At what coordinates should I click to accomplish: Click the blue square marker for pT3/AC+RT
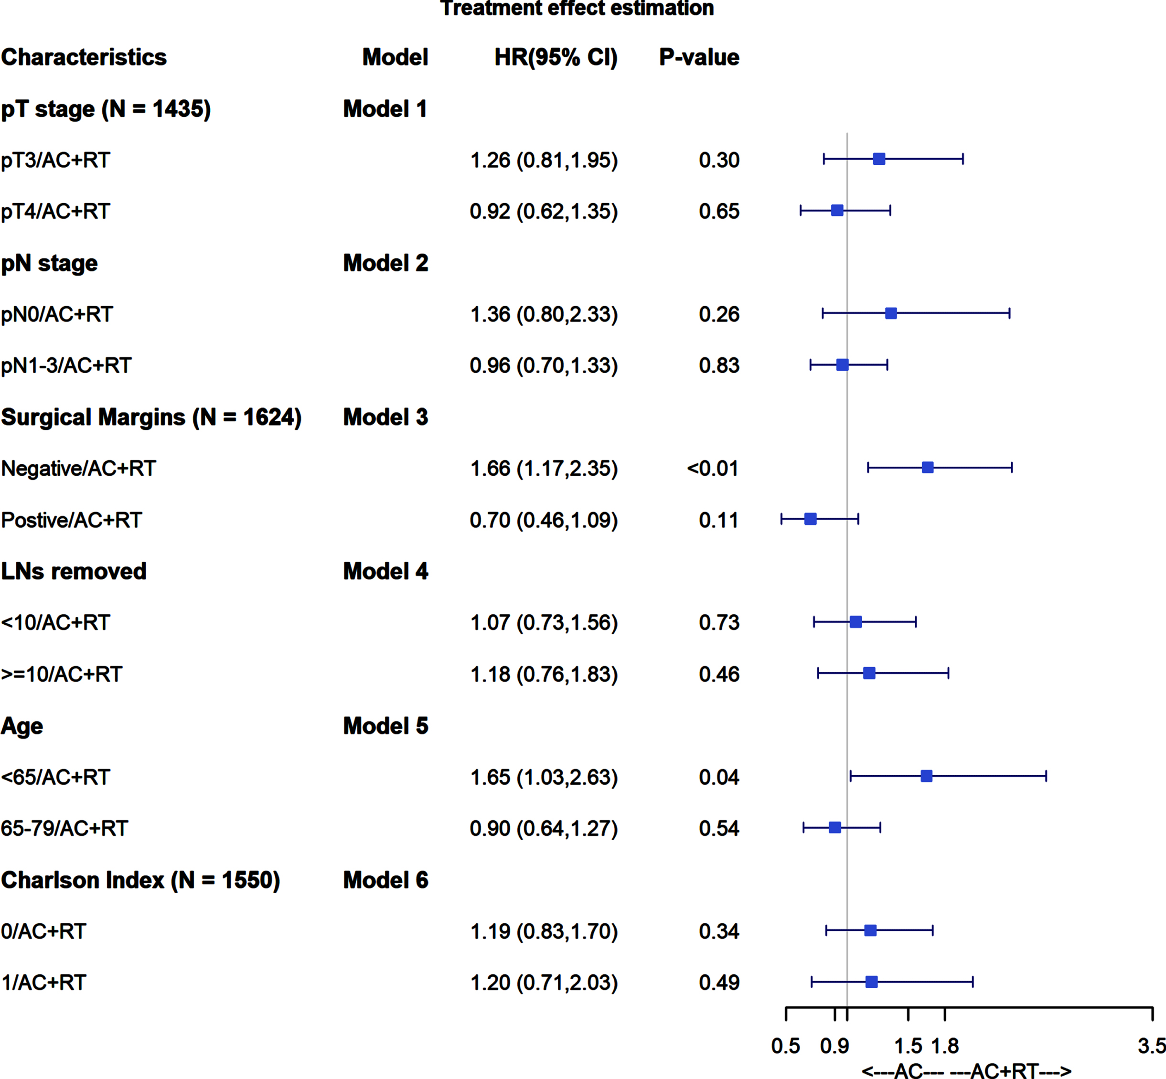pos(879,159)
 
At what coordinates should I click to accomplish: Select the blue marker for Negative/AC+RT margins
pos(927,467)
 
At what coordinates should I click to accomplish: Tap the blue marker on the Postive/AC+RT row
pos(811,518)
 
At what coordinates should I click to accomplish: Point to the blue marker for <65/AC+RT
pos(926,776)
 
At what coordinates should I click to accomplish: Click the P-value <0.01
pos(712,468)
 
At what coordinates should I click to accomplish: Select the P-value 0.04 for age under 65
pos(719,777)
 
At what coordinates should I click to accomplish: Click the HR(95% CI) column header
pos(556,57)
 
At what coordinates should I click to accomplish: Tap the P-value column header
pos(699,57)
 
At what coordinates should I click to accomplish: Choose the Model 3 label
pos(385,417)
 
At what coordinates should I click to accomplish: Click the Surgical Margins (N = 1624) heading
pos(151,417)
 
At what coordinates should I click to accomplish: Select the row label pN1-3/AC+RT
pos(66,365)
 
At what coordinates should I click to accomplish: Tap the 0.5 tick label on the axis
pos(785,1046)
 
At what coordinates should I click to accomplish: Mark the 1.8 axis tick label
pos(945,1046)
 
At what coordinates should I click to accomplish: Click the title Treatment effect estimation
pos(577,8)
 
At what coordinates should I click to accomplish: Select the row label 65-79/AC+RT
pos(64,829)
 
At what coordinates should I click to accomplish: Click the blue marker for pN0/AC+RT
pos(890,313)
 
